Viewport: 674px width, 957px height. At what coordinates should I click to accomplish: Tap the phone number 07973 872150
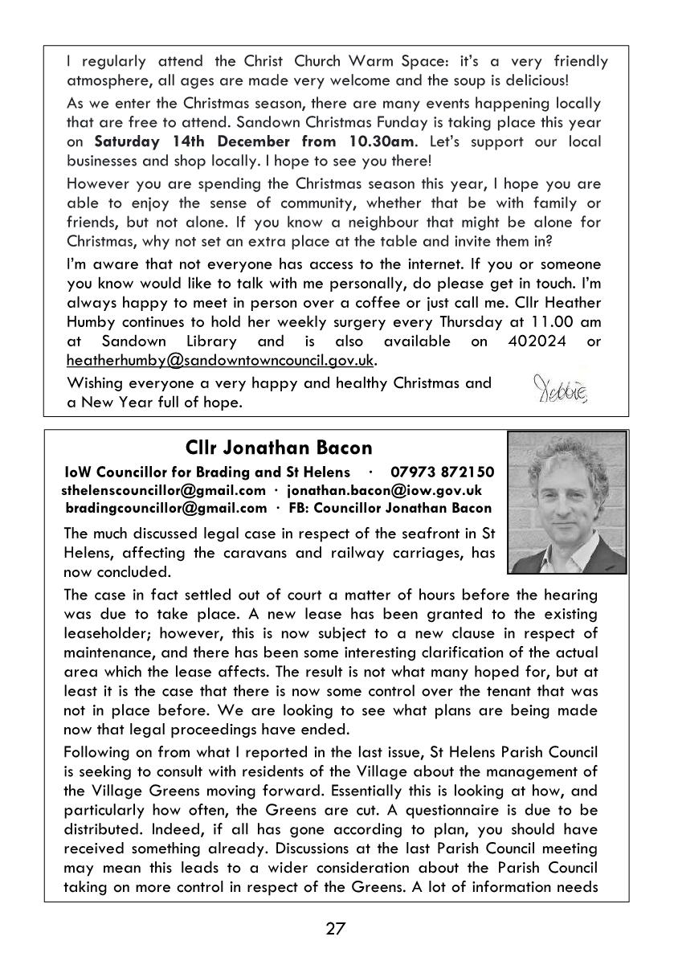[442, 472]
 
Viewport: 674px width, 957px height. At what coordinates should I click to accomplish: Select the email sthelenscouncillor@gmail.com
[163, 490]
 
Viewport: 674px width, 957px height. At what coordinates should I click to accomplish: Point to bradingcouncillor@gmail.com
[166, 508]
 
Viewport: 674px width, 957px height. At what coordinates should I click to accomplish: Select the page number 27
[336, 929]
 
